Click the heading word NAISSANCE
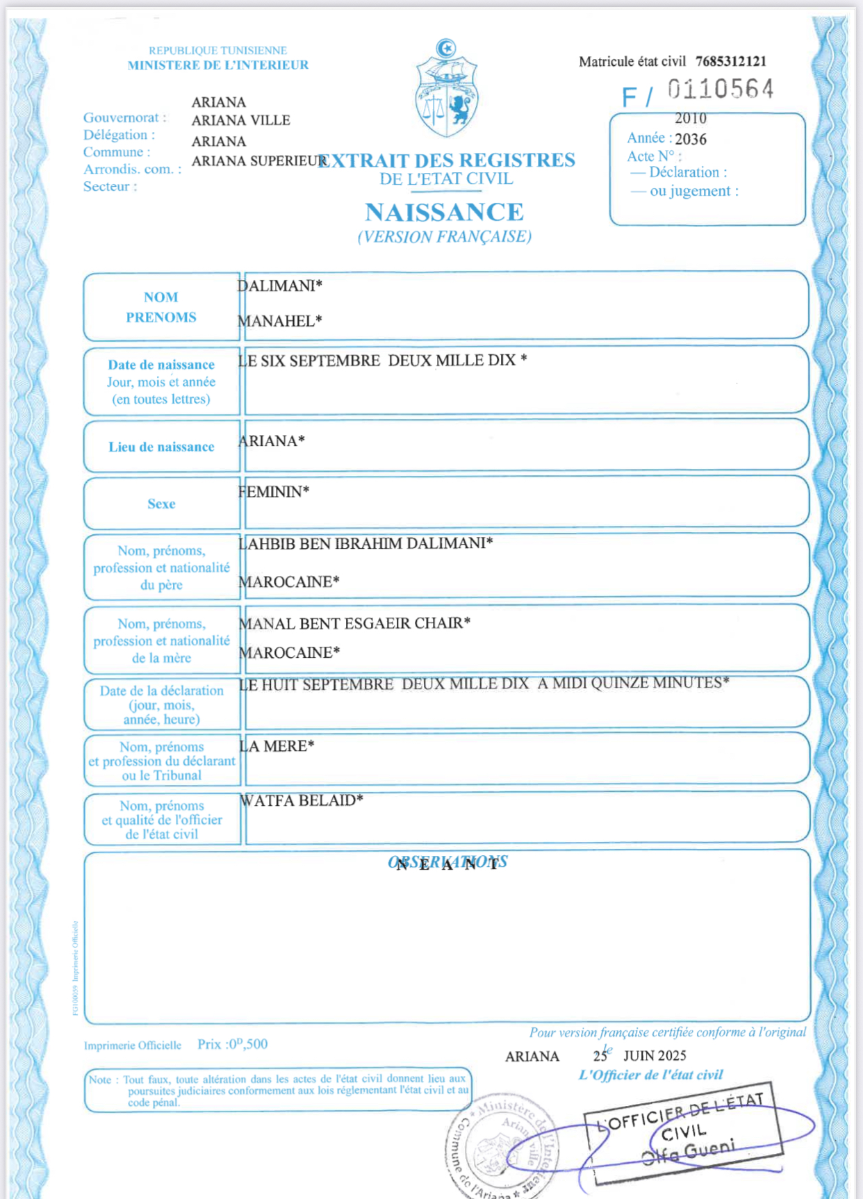pos(445,212)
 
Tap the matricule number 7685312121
pos(731,61)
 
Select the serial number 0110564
pos(721,90)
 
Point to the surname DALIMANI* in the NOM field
pos(280,286)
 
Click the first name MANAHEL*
pos(280,321)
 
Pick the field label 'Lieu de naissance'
pos(161,447)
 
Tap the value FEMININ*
pos(274,492)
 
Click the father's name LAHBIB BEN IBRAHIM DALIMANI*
pos(365,543)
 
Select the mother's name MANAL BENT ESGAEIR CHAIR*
pos(354,623)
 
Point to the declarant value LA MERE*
pos(277,746)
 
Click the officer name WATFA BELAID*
pos(302,800)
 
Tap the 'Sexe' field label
pos(161,504)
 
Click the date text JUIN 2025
pos(655,1056)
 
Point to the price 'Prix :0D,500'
pos(232,1044)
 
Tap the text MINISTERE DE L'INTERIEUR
pos(217,65)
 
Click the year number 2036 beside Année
pos(691,139)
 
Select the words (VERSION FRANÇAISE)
pos(445,237)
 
